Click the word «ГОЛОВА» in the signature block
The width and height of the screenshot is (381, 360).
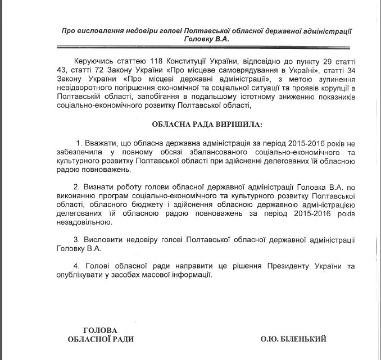[x=101, y=329]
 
